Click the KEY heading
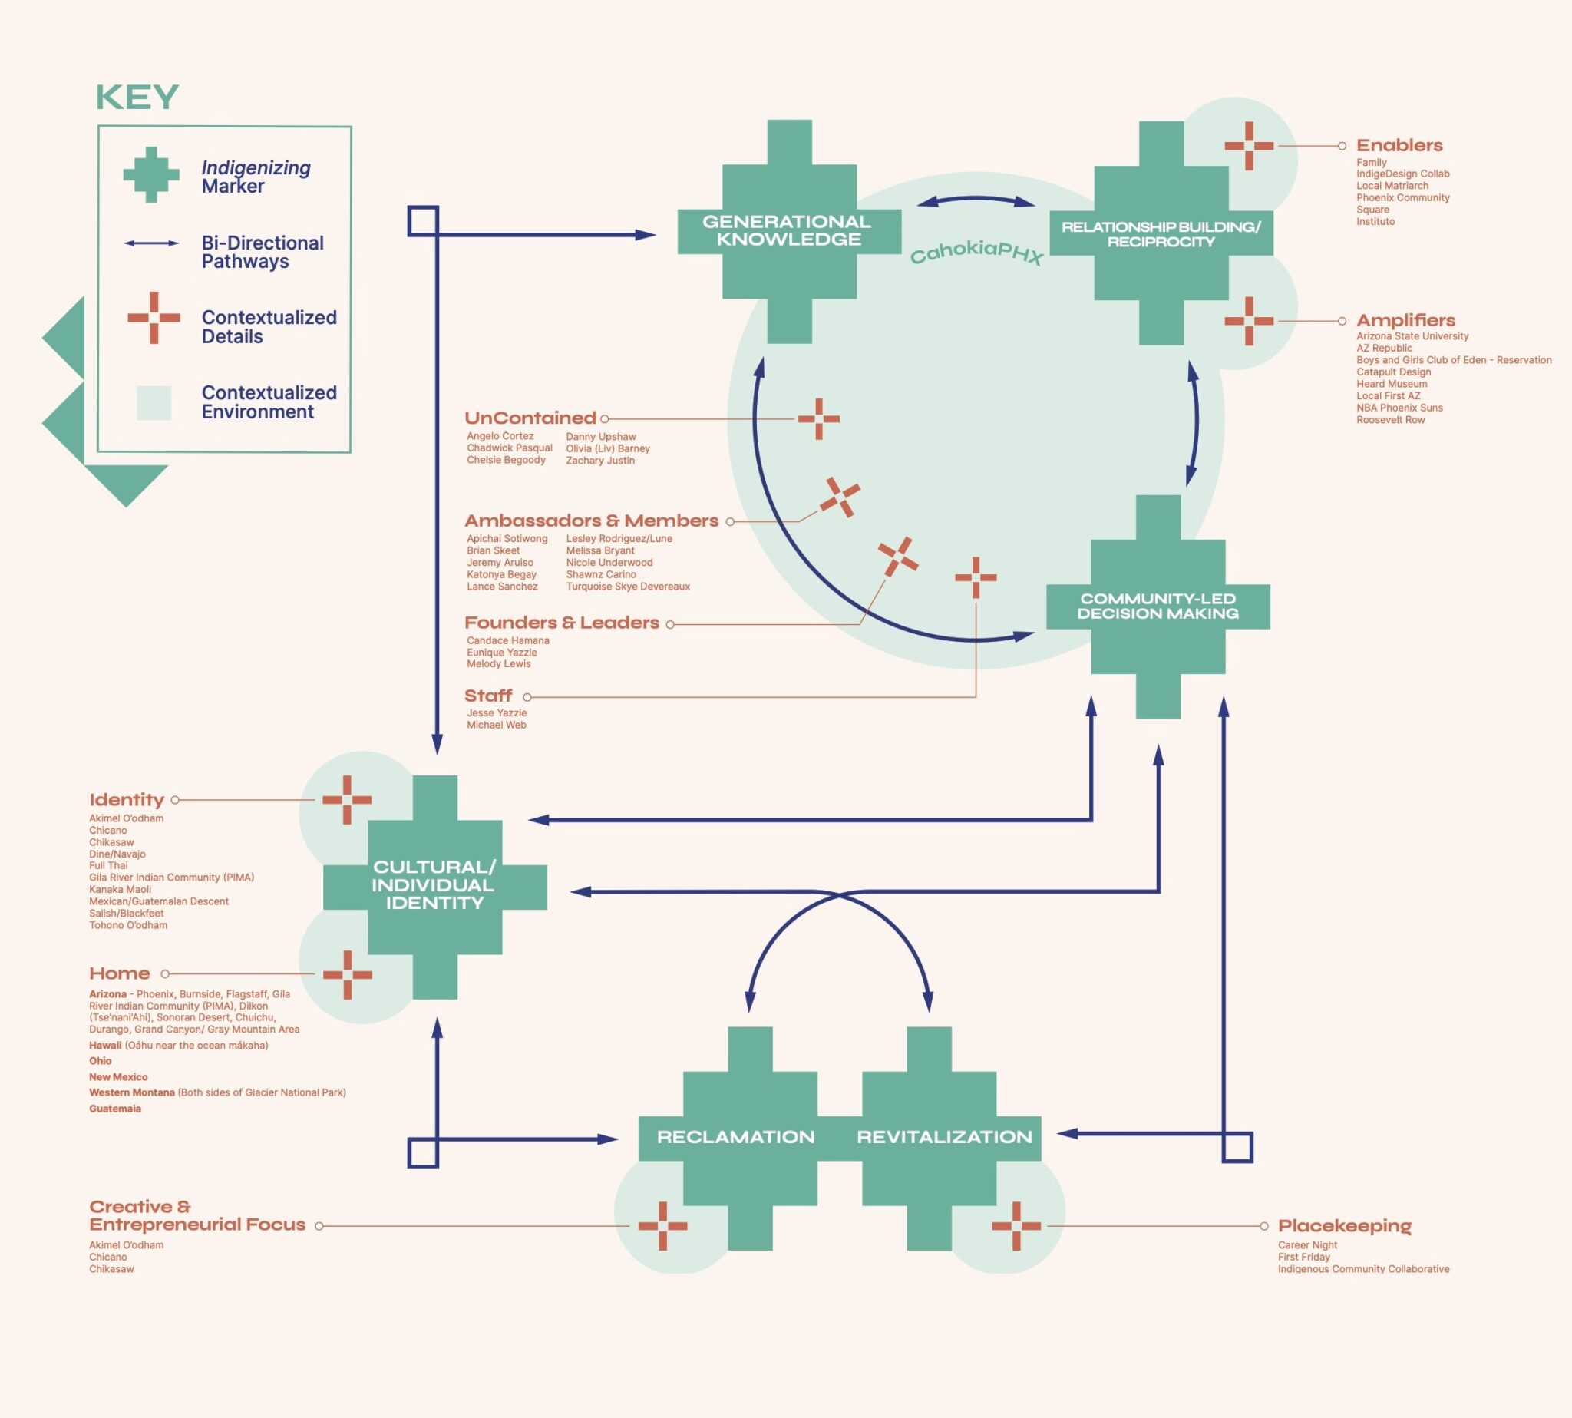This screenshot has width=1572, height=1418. click(137, 98)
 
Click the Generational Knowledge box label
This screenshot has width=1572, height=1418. click(788, 230)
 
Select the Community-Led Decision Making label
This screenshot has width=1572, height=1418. click(1158, 606)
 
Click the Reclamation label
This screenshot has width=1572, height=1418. click(735, 1137)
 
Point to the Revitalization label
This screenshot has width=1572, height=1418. click(944, 1137)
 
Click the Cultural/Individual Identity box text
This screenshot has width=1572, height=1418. click(434, 885)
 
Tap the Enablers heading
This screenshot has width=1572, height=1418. click(1399, 146)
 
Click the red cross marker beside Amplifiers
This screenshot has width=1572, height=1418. click(1249, 321)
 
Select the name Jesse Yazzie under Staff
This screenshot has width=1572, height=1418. click(497, 713)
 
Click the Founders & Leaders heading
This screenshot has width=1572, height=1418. click(562, 623)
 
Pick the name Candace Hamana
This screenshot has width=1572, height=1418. click(508, 640)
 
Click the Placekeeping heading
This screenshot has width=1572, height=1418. click(1345, 1225)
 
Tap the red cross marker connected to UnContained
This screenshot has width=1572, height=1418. click(819, 419)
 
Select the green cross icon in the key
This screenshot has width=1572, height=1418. click(151, 175)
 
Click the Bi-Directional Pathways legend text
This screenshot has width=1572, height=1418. click(263, 253)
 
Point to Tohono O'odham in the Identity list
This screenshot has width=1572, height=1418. click(127, 926)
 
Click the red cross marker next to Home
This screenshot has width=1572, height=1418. click(347, 975)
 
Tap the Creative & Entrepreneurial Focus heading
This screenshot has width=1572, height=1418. click(197, 1215)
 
